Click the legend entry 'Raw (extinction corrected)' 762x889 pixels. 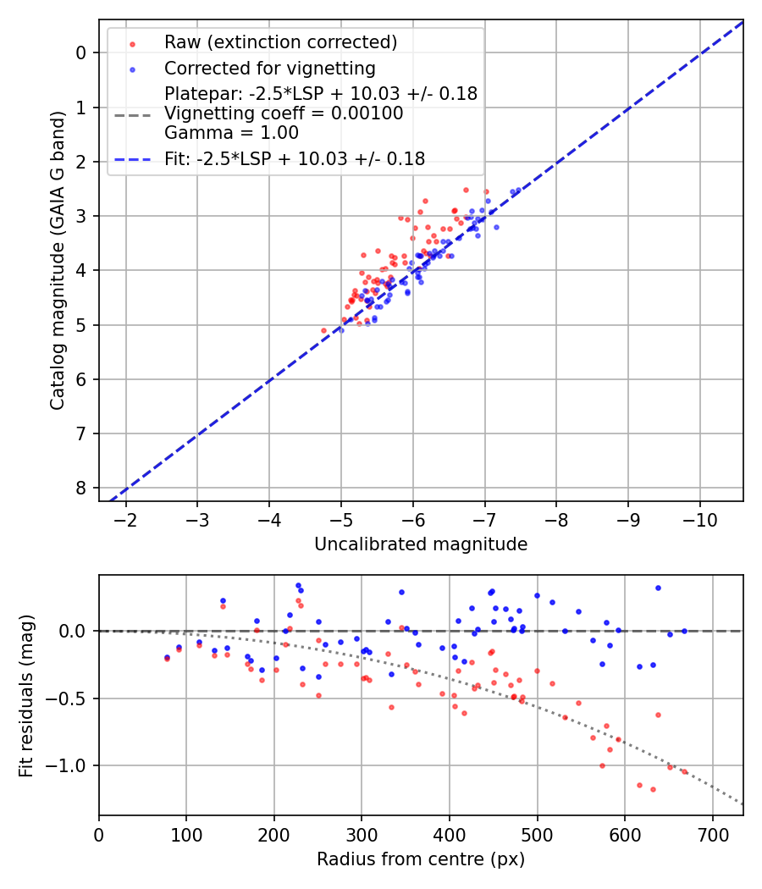point(280,42)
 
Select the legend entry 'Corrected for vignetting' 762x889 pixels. point(269,68)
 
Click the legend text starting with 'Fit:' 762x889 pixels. point(295,158)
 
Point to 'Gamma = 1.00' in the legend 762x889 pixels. point(231,132)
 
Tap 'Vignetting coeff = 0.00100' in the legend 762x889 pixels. point(284,113)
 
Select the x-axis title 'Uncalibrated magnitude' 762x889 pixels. point(421,544)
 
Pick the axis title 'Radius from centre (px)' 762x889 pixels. point(421,859)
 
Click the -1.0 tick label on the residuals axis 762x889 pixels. point(70,766)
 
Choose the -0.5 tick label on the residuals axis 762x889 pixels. point(70,698)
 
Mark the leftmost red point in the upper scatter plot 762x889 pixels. point(323,330)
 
